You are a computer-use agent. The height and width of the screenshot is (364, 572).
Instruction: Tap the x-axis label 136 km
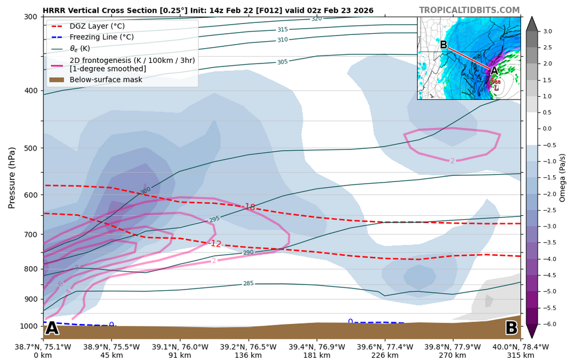pos(249,355)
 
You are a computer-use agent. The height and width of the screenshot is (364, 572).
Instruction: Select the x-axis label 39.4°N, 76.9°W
pos(317,347)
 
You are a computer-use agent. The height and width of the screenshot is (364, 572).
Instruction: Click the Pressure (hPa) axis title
pos(11,177)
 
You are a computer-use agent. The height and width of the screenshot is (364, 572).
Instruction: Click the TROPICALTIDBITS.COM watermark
pos(469,10)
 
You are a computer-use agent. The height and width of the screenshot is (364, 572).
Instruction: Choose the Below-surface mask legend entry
pos(98,80)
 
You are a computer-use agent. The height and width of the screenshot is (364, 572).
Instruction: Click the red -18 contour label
pos(249,207)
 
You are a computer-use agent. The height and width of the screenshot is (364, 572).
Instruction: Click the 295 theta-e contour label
pos(214,219)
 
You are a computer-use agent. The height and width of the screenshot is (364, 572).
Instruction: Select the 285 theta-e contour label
pos(248,283)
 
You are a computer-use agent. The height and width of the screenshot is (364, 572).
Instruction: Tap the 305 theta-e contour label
pos(283,62)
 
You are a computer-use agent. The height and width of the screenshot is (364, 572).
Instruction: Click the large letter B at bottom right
pos(511,328)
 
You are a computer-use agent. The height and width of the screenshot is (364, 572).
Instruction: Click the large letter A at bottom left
pos(52,328)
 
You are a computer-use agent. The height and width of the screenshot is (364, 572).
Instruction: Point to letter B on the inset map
pos(443,45)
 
